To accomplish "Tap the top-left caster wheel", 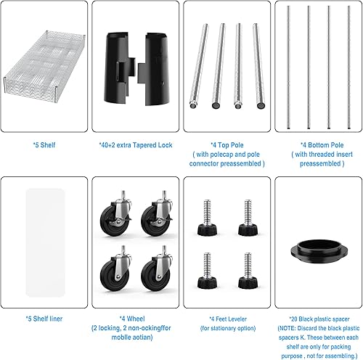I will pyautogui.click(x=117, y=216).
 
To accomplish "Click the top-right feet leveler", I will pyautogui.click(x=248, y=218).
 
